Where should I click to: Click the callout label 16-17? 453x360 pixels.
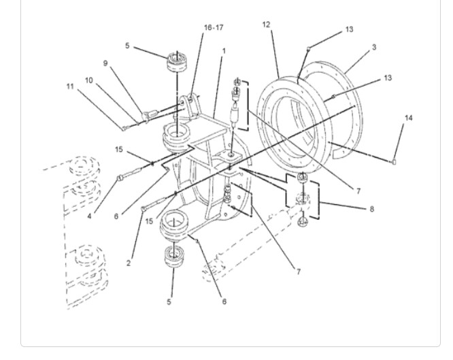214,27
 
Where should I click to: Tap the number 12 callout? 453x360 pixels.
266,24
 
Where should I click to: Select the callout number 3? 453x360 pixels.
374,47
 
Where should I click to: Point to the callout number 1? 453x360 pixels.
224,51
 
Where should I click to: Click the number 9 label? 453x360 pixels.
105,63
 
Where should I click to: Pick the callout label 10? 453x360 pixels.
89,80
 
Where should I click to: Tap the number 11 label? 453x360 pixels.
70,86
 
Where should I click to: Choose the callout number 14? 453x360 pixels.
409,118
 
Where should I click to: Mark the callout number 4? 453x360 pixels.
89,216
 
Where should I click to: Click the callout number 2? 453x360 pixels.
129,263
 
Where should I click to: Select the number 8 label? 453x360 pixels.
372,209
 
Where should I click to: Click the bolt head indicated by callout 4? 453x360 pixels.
120,178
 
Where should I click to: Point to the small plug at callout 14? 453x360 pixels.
394,162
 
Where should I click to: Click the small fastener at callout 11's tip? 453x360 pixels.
124,129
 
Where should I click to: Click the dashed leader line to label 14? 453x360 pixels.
360,152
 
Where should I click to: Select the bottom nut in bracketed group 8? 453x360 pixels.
303,222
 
